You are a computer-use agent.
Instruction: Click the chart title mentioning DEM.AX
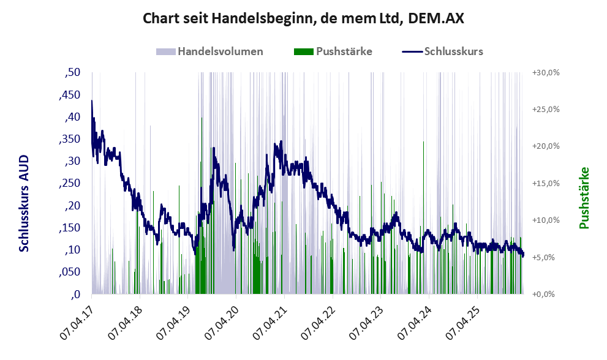(303, 18)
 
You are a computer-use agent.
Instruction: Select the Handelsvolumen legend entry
(209, 51)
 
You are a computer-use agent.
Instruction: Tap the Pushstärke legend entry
(333, 51)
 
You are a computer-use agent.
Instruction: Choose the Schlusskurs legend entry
(442, 51)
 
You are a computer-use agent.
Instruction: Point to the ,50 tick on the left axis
(72, 72)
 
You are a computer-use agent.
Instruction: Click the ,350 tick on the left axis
(70, 140)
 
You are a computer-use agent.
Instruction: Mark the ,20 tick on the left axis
(72, 206)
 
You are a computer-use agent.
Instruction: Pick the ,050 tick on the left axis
(70, 272)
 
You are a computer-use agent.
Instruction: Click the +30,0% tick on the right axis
(546, 73)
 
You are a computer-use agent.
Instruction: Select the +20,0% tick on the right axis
(546, 146)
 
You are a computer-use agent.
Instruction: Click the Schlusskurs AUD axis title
(24, 203)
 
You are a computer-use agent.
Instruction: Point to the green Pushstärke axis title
(584, 198)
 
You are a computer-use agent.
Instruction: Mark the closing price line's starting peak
(92, 100)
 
